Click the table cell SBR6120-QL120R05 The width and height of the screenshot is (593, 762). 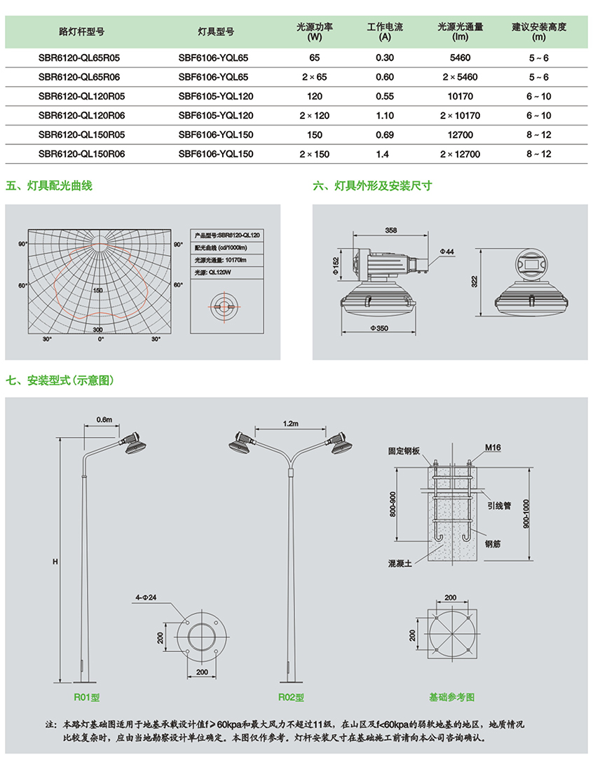coord(81,96)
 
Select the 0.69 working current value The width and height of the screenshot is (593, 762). coord(384,134)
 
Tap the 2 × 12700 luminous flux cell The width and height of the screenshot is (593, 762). coord(460,154)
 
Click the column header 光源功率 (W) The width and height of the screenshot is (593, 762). coord(315,32)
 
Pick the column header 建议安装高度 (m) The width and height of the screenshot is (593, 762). coord(538,32)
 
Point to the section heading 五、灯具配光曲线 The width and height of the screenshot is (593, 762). coord(48,186)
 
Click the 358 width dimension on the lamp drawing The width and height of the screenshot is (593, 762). coord(390,230)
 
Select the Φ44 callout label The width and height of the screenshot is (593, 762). coord(447,251)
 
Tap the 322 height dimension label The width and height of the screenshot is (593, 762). coord(475,282)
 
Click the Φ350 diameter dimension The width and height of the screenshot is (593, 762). coord(379,328)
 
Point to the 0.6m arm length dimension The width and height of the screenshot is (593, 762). coord(104,420)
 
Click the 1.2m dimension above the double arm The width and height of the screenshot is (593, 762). coord(290,423)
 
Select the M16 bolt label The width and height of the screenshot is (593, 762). coord(493,447)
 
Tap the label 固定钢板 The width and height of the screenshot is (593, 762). coord(404,451)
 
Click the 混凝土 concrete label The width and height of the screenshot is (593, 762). coord(400,563)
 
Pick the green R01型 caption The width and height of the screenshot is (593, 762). coord(87,697)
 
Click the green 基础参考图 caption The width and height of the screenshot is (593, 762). coord(451,697)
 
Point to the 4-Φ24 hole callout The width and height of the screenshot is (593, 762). coord(146,597)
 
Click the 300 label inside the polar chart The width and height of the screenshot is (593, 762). coord(97,329)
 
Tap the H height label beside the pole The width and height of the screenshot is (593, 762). coord(55,561)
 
